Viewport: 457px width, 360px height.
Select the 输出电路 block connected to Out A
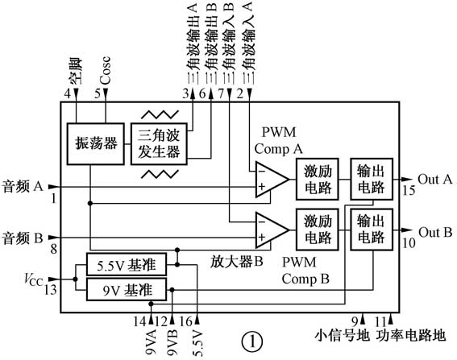tap(372, 179)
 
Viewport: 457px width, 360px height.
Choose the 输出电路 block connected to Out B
tap(372, 228)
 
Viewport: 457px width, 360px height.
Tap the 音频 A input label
tap(24, 185)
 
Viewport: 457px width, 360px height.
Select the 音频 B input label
tap(24, 238)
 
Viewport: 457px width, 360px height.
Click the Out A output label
tap(435, 179)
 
